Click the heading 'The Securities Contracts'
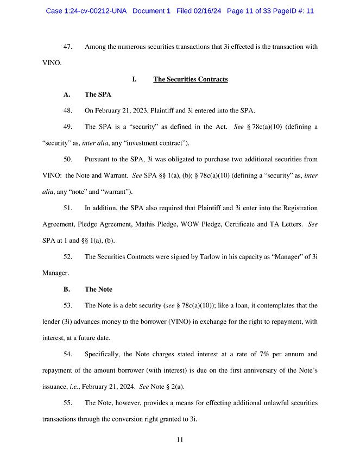pos(190,79)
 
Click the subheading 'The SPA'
pos(98,95)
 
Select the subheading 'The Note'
pos(98,289)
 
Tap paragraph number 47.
pos(68,47)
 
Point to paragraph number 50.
pos(68,159)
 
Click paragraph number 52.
pos(68,256)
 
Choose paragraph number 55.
pos(68,403)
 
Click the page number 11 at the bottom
pos(180,440)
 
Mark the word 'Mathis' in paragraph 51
pos(162,224)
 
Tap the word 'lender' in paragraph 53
pos(52,322)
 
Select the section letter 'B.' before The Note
pos(67,289)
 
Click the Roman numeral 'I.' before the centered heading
pos(134,79)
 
